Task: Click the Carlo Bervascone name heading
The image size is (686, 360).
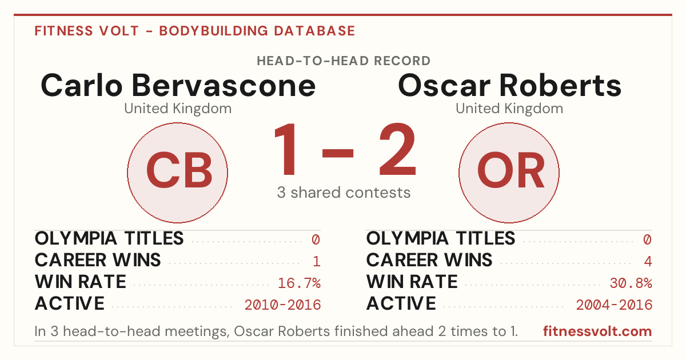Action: (178, 85)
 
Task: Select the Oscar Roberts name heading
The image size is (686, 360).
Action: (509, 85)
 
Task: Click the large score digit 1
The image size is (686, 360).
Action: (285, 149)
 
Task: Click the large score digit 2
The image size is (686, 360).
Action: (398, 149)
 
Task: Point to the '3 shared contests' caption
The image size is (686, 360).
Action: (344, 193)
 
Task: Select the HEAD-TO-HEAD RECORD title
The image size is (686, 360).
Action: (344, 61)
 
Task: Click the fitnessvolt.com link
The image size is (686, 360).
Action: (597, 331)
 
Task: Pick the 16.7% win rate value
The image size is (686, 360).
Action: (299, 283)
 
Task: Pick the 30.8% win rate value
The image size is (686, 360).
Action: (631, 283)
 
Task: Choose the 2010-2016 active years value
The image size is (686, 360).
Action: (282, 305)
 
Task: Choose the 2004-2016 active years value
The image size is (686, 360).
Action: (615, 305)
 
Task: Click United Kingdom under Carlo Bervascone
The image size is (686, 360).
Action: (178, 109)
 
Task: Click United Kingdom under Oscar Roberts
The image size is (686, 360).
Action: (509, 109)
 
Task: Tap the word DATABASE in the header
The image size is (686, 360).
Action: (314, 31)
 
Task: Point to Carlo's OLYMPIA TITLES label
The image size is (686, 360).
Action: (109, 238)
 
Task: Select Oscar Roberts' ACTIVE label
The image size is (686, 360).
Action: (401, 303)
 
